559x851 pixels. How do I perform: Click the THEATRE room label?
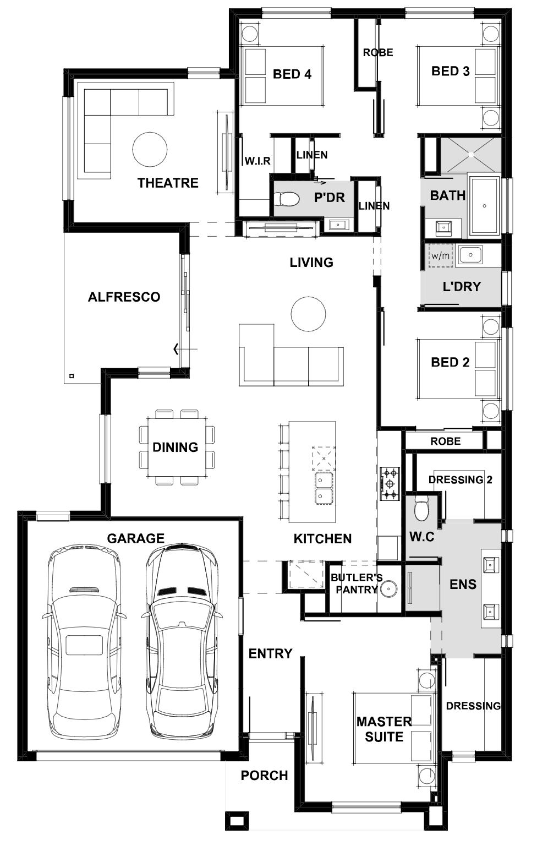pyautogui.click(x=168, y=183)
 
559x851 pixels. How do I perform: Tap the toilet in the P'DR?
pyautogui.click(x=287, y=198)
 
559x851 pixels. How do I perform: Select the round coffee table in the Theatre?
pyautogui.click(x=150, y=149)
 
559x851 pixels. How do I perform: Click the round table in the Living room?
pyautogui.click(x=308, y=314)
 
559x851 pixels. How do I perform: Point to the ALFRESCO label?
pyautogui.click(x=124, y=297)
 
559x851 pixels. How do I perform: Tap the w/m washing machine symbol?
pyautogui.click(x=441, y=255)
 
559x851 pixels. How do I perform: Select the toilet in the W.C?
pyautogui.click(x=421, y=508)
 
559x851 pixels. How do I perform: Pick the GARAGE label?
pyautogui.click(x=135, y=538)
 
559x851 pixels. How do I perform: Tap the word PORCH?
pyautogui.click(x=264, y=775)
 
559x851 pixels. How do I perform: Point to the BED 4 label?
pyautogui.click(x=292, y=74)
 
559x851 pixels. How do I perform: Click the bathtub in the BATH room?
pyautogui.click(x=484, y=205)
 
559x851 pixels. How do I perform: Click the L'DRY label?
pyautogui.click(x=462, y=286)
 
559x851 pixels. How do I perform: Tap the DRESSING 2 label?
pyautogui.click(x=461, y=479)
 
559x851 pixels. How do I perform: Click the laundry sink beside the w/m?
pyautogui.click(x=470, y=254)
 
